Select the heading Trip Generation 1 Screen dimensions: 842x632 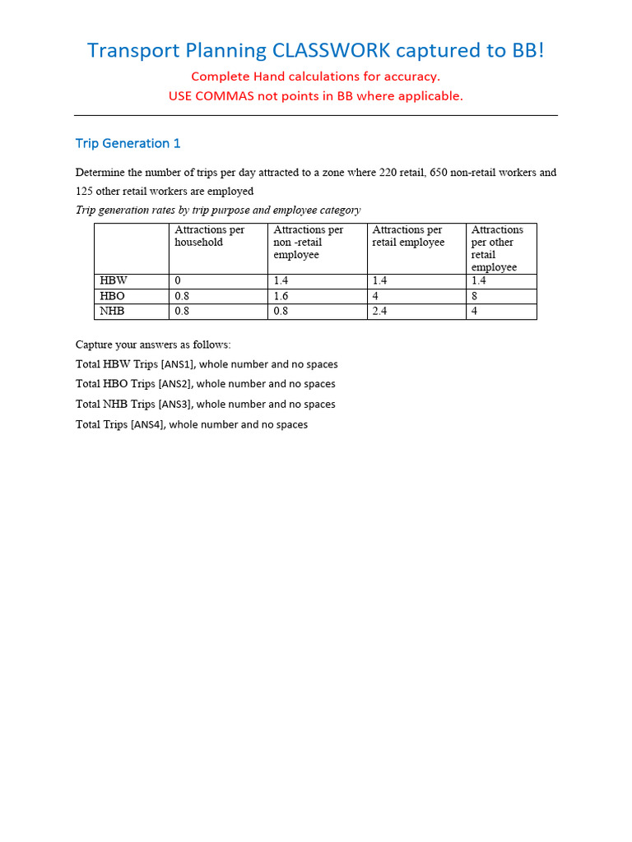(128, 143)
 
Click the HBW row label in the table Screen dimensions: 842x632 (114, 281)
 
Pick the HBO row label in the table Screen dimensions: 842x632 (114, 296)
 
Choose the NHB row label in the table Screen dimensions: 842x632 (114, 312)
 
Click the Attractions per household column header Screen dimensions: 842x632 (209, 236)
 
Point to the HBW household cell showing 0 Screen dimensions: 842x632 (178, 281)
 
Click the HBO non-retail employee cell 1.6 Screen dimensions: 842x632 (281, 296)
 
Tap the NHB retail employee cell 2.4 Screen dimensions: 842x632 (380, 312)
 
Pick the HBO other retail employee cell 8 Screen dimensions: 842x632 (475, 296)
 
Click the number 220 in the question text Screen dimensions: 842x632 (389, 173)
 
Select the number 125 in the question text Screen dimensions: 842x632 (85, 192)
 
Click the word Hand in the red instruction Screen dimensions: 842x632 (265, 76)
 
